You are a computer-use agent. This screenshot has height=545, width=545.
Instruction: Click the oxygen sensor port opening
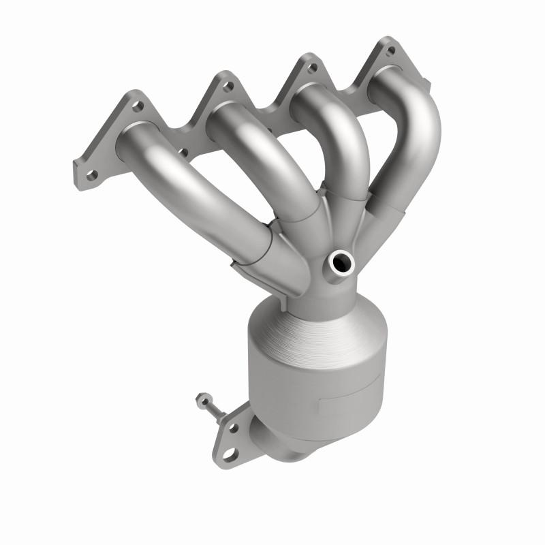pyautogui.click(x=341, y=260)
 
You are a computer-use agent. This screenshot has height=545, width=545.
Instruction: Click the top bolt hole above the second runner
pyautogui.click(x=228, y=86)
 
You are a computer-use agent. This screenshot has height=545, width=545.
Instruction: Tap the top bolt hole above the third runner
pyautogui.click(x=311, y=67)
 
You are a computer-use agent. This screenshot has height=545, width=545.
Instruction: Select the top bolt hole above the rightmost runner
pyautogui.click(x=390, y=50)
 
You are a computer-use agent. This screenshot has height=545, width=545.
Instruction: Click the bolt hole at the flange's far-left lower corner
pyautogui.click(x=90, y=174)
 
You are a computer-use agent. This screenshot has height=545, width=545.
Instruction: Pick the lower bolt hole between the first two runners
pyautogui.click(x=183, y=151)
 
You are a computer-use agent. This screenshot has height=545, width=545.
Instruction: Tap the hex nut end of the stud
pyautogui.click(x=201, y=399)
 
